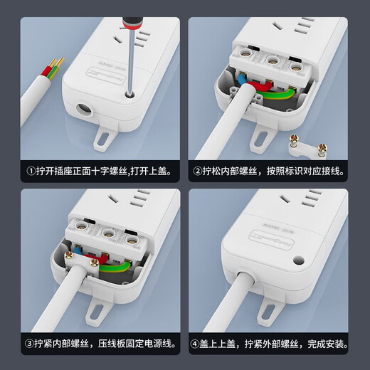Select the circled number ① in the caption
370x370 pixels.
[x=31, y=171]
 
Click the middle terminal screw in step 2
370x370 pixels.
[x=271, y=54]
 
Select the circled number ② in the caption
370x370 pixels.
[x=197, y=171]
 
